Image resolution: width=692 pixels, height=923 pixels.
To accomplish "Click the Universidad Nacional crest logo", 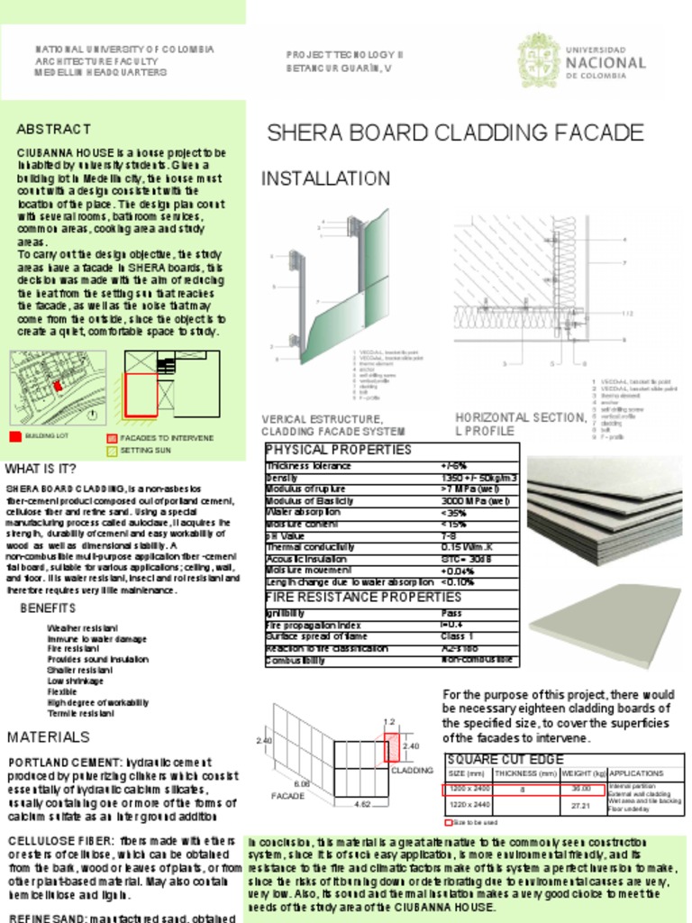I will (x=539, y=59).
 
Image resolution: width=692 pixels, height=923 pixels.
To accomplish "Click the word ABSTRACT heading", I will (x=53, y=130).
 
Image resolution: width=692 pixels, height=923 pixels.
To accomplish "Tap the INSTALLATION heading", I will (x=325, y=178).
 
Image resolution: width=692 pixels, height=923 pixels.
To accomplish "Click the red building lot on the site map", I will (x=58, y=385).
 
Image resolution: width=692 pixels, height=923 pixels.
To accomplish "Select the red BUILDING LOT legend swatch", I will (x=14, y=437).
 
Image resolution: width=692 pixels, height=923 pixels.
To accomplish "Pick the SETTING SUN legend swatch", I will (x=112, y=449).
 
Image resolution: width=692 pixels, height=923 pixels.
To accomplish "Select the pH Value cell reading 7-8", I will (x=449, y=535).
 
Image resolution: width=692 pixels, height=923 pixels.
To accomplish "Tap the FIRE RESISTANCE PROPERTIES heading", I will (x=362, y=597).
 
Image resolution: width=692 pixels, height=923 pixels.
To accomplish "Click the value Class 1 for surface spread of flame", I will (x=457, y=636).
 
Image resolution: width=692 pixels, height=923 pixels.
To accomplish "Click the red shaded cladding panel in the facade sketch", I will (x=392, y=747).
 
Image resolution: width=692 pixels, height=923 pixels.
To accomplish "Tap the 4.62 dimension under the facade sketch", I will (x=362, y=802).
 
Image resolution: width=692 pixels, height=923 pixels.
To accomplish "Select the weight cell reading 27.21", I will (x=580, y=805).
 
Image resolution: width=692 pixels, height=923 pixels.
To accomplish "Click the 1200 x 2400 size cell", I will (x=469, y=789).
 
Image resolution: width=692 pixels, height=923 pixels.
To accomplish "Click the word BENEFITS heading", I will (x=48, y=608).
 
